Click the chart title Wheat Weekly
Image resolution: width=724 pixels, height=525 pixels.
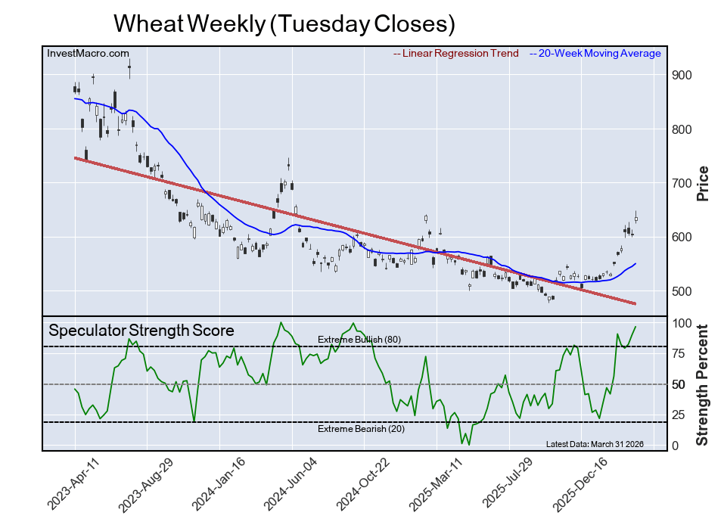pos(284,23)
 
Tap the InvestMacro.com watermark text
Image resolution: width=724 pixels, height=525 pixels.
pos(87,54)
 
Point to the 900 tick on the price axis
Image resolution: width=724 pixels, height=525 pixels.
pos(683,76)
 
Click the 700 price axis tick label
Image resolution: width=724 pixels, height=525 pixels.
pos(683,184)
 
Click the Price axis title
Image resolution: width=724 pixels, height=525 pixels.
pos(702,183)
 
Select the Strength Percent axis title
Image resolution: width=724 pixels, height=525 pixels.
pos(702,384)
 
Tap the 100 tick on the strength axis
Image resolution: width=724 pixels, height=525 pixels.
pos(683,324)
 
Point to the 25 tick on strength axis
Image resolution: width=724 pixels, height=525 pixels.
pos(680,415)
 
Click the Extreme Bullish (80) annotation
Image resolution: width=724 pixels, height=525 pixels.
pos(359,340)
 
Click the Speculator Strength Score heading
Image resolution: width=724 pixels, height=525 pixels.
pos(141,331)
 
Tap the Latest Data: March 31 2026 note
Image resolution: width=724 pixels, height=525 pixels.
pos(594,444)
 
